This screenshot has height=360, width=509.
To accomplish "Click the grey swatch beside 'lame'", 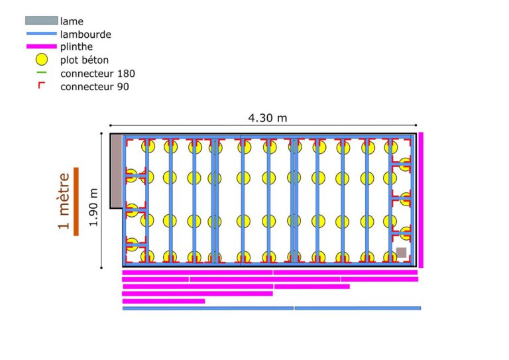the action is click(x=42, y=21).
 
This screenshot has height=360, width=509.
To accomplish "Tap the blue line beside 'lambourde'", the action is click(x=42, y=33).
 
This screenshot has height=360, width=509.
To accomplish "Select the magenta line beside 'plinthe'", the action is click(x=42, y=46).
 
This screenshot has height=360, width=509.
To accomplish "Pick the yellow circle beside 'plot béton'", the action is click(x=42, y=60).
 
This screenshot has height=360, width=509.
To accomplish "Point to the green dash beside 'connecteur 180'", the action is click(x=42, y=72).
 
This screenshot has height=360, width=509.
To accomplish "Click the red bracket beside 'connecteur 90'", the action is click(x=41, y=85).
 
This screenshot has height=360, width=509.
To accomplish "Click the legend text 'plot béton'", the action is click(x=84, y=60).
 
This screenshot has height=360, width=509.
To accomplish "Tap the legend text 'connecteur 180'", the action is click(x=97, y=74).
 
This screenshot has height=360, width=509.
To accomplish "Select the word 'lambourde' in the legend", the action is click(x=85, y=34).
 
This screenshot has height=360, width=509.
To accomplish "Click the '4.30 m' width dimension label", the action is click(x=268, y=117).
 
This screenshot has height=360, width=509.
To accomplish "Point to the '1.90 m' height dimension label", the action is click(x=93, y=207).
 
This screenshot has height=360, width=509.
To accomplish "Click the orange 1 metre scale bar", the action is click(x=76, y=202).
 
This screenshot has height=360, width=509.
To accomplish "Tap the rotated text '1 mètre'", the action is click(x=64, y=201).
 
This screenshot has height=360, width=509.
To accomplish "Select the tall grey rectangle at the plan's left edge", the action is click(x=116, y=171).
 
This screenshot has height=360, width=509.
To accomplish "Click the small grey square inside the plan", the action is click(x=402, y=253).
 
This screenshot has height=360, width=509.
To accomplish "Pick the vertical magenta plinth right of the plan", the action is click(x=421, y=200).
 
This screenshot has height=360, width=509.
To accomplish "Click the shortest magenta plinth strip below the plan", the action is click(x=164, y=301).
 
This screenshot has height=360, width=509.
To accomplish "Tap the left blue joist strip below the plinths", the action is click(x=208, y=308).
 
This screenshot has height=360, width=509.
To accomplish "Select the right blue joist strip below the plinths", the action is click(x=358, y=308).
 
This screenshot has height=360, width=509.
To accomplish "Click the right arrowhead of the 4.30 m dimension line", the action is click(x=416, y=125).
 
